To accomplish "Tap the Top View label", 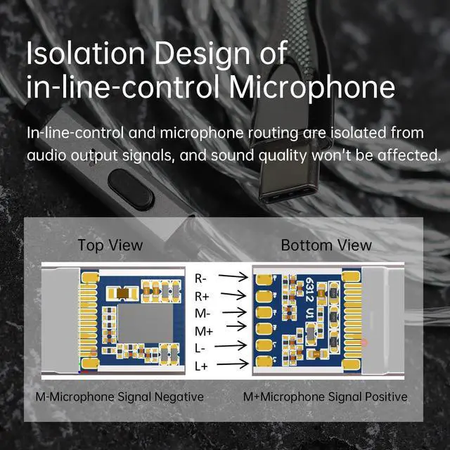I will (110, 245).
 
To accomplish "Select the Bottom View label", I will (326, 245).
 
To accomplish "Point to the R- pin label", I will (200, 278).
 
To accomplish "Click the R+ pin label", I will (201, 295).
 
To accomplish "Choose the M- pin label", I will (201, 312).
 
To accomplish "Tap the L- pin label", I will (200, 347).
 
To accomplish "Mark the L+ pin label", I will (201, 365).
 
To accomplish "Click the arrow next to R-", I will (234, 278).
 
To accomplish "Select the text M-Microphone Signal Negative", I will (120, 397).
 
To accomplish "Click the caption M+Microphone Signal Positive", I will (325, 397).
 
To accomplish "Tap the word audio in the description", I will (46, 155).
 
